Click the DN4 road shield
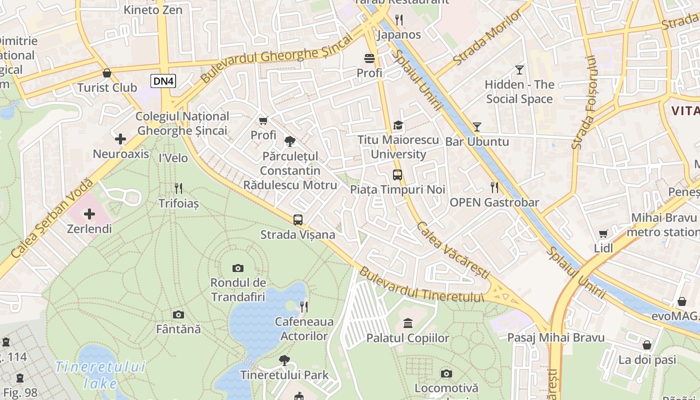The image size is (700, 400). (163, 80)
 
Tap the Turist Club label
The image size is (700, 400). (107, 87)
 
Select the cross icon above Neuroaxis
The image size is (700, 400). (120, 139)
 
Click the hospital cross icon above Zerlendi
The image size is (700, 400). (89, 214)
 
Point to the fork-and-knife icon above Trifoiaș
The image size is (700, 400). (178, 188)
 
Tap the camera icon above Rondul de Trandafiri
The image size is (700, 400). (238, 268)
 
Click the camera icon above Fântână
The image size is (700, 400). (178, 314)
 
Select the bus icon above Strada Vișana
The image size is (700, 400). (298, 219)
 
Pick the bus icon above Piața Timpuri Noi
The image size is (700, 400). (397, 175)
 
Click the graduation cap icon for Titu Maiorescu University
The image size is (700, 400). (398, 125)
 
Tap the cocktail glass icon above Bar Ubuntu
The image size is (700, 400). (477, 126)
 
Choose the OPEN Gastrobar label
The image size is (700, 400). (494, 202)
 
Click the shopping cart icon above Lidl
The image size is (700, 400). (603, 233)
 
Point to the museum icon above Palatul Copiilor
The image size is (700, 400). (408, 323)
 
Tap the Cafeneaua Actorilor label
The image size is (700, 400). (304, 328)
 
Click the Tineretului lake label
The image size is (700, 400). (100, 375)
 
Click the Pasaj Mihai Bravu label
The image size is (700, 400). (555, 338)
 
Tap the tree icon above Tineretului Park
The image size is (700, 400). (284, 360)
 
